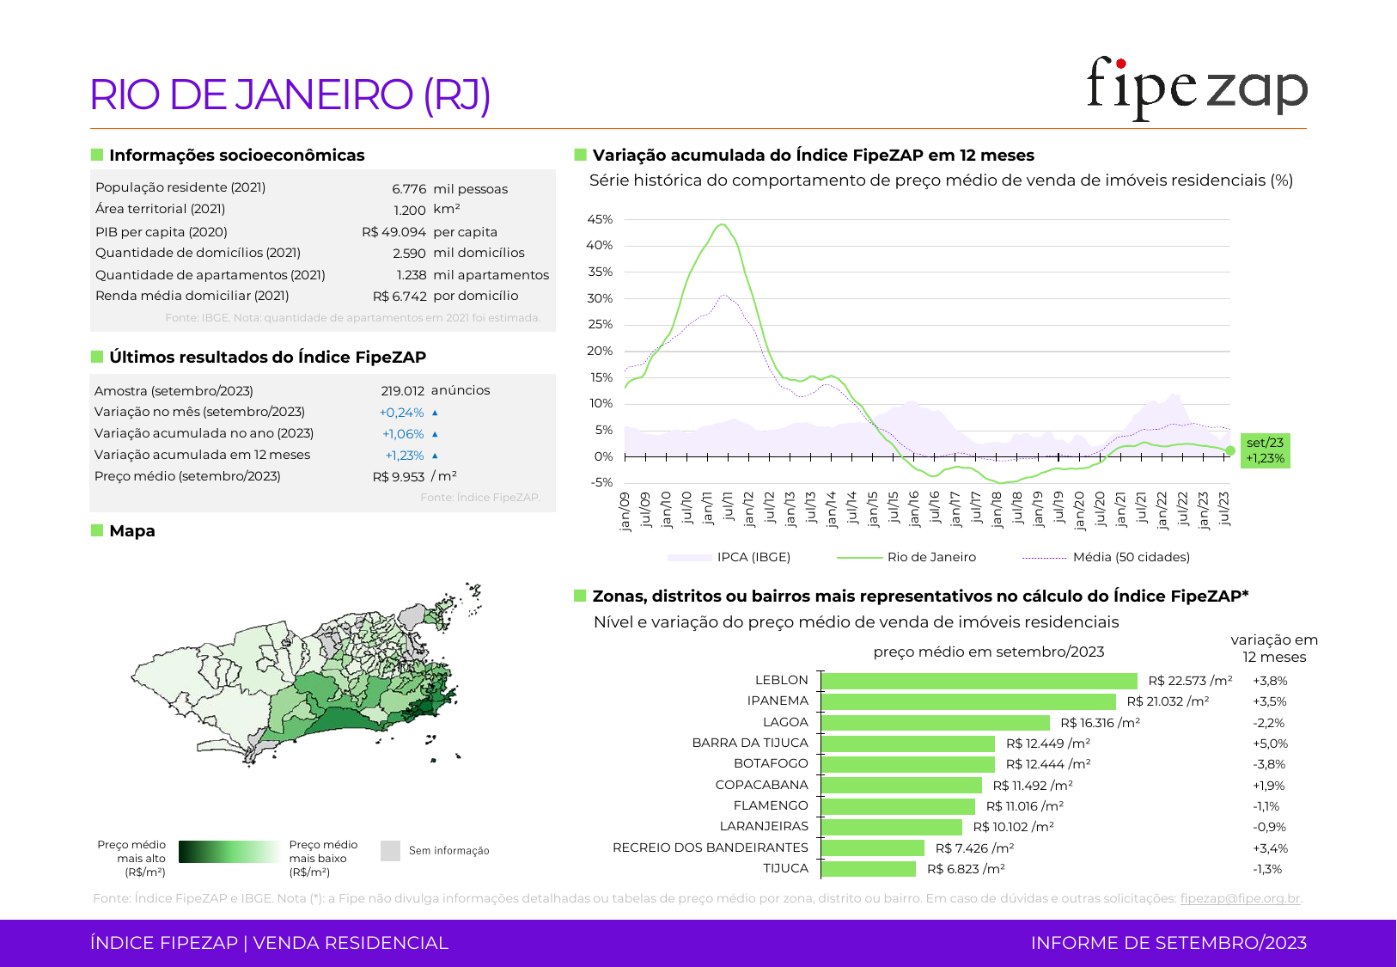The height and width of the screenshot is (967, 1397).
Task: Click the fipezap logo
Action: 1196,89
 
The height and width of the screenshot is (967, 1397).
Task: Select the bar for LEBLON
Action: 979,681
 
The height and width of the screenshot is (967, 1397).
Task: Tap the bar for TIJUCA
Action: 869,869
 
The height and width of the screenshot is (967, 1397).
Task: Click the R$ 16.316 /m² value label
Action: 1100,723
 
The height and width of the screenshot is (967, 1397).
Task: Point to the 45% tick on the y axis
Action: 600,219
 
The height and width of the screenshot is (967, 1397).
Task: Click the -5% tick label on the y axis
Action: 601,482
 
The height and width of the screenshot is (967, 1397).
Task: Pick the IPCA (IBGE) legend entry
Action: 753,557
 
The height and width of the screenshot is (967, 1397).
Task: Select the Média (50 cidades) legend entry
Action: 1131,557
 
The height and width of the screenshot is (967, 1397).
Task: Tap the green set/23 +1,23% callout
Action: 1265,450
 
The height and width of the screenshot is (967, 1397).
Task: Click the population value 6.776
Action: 409,189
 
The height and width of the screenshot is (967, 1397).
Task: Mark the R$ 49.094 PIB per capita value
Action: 393,232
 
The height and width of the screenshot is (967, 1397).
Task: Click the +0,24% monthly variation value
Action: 402,413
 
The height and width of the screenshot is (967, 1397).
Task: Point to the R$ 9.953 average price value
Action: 399,477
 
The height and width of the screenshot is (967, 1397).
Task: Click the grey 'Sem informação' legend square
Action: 391,851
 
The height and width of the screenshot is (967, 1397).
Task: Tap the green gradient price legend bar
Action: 229,852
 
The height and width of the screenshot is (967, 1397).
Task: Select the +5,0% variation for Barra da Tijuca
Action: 1270,744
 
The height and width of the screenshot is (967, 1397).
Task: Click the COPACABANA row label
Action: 761,785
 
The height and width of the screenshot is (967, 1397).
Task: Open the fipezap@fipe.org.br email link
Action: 1240,898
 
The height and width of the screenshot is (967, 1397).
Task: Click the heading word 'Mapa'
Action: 132,531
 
